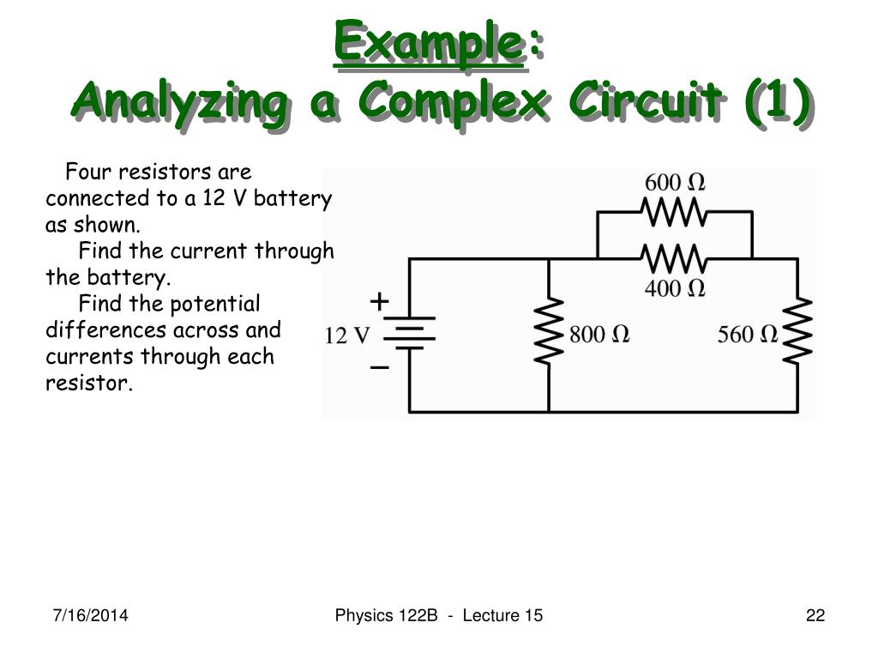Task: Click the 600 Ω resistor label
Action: click(x=675, y=183)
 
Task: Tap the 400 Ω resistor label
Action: click(x=675, y=288)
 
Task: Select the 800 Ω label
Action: click(x=599, y=335)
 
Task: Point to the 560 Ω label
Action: click(x=748, y=335)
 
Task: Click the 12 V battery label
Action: click(x=346, y=336)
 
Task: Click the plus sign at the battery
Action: click(x=379, y=301)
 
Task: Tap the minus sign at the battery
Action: click(x=379, y=368)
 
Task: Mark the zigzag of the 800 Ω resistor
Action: click(x=549, y=332)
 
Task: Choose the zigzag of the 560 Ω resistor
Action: click(x=798, y=332)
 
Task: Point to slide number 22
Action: click(x=815, y=615)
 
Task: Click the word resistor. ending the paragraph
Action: click(x=89, y=383)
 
